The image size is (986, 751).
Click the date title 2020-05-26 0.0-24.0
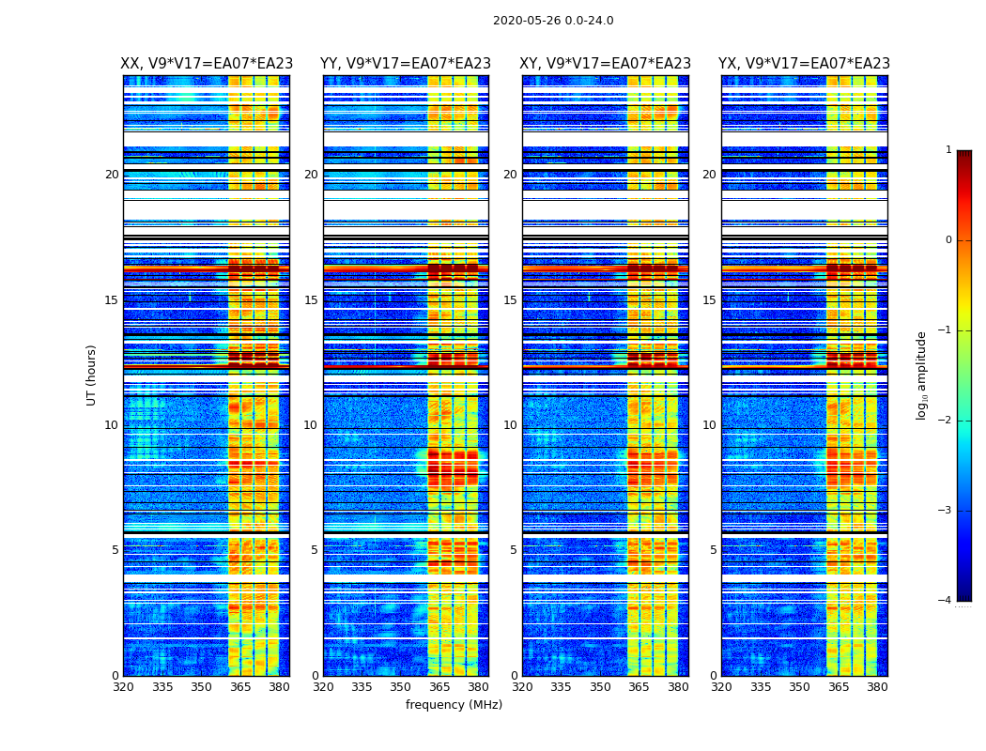(553, 21)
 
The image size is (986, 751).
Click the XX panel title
(207, 64)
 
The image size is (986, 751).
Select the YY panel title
(406, 64)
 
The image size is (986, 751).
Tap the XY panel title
(605, 64)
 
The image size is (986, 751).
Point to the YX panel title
(804, 64)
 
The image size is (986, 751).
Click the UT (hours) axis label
(92, 375)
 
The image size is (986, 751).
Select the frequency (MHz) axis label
(454, 705)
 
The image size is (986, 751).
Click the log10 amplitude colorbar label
(922, 375)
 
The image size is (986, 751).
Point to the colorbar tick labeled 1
(947, 150)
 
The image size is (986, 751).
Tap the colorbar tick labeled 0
(947, 240)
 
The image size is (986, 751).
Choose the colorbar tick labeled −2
(946, 421)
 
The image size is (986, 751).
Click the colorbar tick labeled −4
(946, 601)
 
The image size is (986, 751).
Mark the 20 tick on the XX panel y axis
(112, 175)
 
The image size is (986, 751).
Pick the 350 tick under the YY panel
(401, 687)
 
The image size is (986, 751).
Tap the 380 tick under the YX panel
(877, 687)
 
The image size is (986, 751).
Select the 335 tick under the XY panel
(562, 687)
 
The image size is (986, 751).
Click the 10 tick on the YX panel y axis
(709, 425)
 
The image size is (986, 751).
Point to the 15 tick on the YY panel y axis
(311, 300)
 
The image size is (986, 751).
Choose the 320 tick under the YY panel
(323, 687)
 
